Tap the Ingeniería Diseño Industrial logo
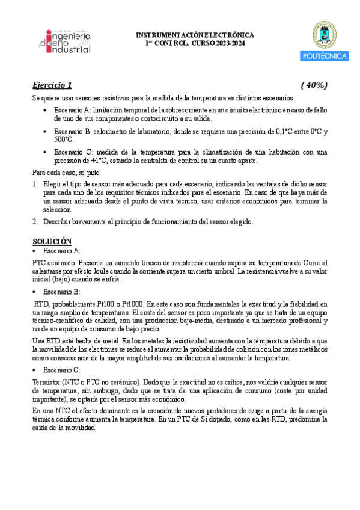click(x=64, y=40)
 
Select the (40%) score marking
click(x=314, y=84)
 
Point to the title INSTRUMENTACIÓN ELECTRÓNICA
click(x=196, y=35)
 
